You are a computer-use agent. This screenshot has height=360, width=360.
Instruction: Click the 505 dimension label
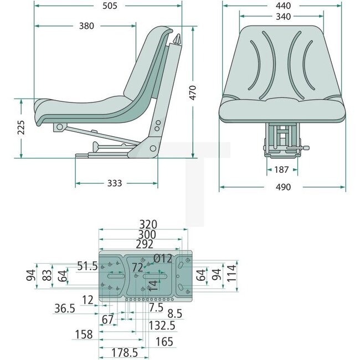click(x=110, y=6)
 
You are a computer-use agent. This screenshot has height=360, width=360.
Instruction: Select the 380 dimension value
click(x=86, y=25)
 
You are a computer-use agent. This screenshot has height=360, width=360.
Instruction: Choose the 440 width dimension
click(x=285, y=6)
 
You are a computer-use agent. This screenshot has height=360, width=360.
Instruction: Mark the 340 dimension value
click(x=282, y=16)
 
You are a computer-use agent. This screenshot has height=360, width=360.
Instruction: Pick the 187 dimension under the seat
click(x=281, y=169)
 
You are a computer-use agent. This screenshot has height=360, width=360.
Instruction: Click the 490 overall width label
click(x=282, y=187)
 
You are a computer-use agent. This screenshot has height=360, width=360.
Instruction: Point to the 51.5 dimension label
click(x=88, y=266)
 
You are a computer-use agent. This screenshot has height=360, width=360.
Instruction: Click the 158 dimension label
click(x=84, y=335)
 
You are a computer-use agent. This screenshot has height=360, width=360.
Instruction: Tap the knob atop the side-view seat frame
click(x=177, y=40)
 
